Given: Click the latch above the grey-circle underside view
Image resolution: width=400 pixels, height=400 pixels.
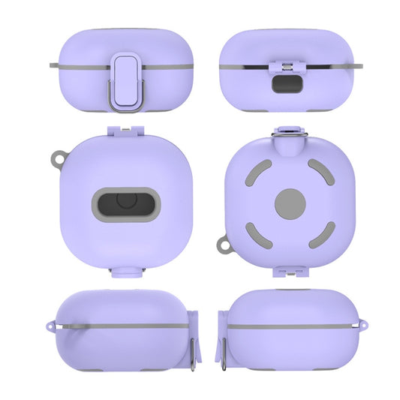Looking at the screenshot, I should (290, 133).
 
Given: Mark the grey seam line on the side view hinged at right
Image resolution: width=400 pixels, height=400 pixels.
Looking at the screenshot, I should (120, 326).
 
